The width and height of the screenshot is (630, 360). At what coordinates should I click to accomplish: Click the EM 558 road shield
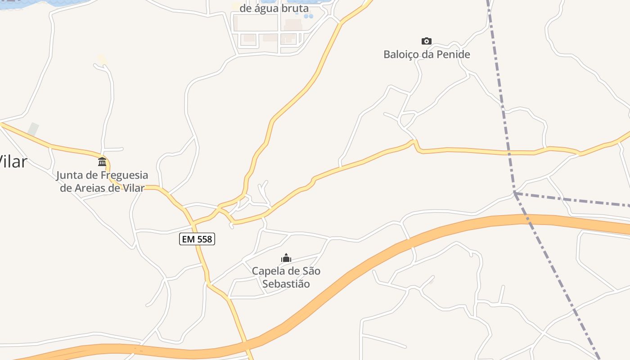click(197, 239)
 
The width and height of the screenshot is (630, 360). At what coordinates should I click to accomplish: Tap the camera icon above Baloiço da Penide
click(426, 41)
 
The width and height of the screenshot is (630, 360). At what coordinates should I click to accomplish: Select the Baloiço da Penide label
click(427, 54)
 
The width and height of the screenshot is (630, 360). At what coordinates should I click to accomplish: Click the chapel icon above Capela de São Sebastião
click(286, 258)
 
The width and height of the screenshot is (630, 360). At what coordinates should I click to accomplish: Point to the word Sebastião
click(286, 284)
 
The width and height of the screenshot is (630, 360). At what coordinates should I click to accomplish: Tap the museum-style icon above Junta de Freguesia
click(102, 162)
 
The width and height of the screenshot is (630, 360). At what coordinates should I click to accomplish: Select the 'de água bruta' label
click(274, 8)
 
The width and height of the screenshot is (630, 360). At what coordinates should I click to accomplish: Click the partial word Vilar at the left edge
click(13, 162)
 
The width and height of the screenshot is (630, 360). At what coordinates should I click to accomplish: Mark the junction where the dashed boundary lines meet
click(514, 193)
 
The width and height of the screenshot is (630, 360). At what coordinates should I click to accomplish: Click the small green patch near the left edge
click(33, 129)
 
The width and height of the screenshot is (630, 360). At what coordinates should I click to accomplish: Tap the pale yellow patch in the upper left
click(102, 59)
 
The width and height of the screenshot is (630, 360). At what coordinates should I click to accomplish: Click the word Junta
click(70, 175)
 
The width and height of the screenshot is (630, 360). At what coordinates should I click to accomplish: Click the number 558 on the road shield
click(204, 239)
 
